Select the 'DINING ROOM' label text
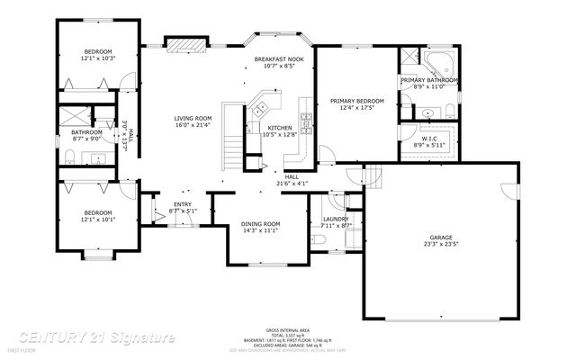(260, 223)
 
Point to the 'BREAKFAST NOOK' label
(278, 58)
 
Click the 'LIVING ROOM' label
(193, 118)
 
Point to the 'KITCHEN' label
(281, 129)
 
